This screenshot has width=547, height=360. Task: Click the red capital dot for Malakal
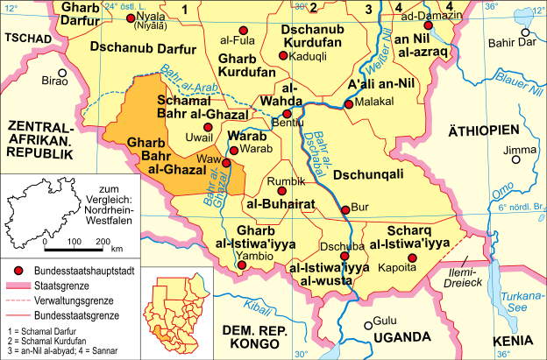point(349,104)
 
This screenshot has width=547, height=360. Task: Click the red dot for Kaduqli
point(282,56)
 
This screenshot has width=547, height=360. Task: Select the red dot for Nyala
point(131,18)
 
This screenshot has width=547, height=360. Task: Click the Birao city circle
point(62,74)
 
